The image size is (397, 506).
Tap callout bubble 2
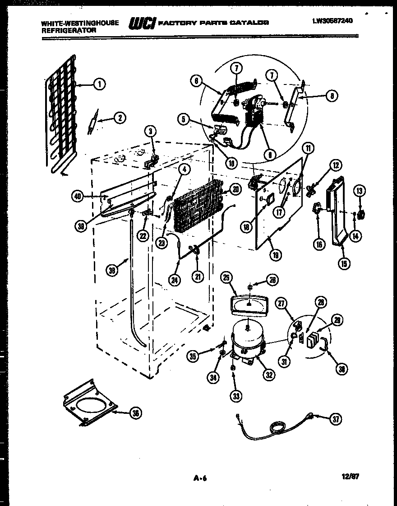119,118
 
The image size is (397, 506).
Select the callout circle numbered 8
332,96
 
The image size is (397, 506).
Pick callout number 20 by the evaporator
235,190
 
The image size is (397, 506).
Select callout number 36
134,412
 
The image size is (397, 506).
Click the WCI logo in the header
142,23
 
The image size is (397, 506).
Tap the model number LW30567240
332,20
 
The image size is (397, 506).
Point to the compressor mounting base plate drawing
89,403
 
